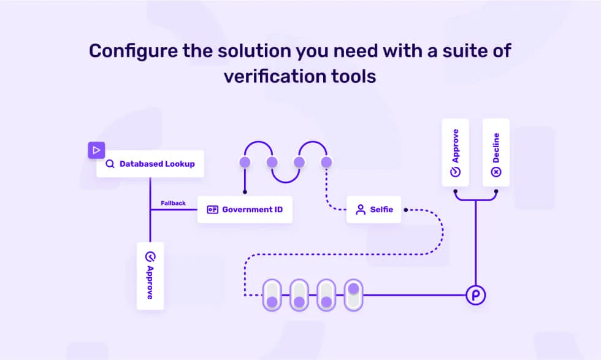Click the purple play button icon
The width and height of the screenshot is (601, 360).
(96, 150)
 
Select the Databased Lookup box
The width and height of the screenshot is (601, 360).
(150, 164)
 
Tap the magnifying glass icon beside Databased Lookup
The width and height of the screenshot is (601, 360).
(110, 164)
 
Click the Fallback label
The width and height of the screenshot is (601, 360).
(173, 203)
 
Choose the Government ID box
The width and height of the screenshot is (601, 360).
(245, 210)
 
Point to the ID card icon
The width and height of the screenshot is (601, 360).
(213, 210)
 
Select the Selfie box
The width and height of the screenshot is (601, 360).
(373, 210)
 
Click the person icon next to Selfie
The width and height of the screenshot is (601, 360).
(361, 210)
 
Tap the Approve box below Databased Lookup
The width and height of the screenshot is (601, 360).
(150, 275)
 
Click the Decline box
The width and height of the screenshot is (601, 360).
(496, 153)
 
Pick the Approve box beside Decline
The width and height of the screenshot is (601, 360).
(456, 153)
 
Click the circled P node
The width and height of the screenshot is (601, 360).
(475, 295)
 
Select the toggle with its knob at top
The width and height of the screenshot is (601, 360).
(353, 295)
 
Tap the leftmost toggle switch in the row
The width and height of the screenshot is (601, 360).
(272, 295)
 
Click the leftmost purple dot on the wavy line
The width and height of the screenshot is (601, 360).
(245, 162)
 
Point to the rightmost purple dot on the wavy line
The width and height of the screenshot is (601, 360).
(326, 162)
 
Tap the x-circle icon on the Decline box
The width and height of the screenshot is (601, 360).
(496, 172)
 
